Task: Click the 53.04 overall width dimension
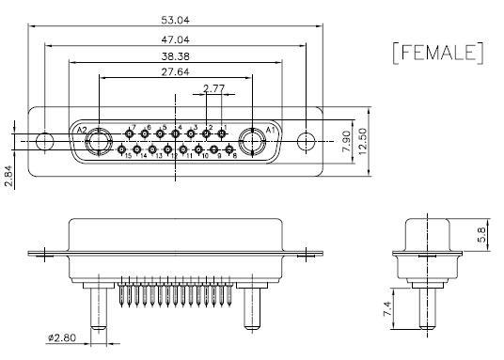(x=175, y=21)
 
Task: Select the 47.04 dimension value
(x=175, y=39)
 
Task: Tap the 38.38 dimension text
(x=175, y=56)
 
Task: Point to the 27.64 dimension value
(x=175, y=72)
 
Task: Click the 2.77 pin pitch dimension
(x=213, y=88)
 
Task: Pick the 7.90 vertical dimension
(x=346, y=141)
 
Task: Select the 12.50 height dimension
(x=362, y=141)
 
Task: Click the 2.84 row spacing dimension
(x=8, y=176)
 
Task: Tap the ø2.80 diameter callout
(x=62, y=337)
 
